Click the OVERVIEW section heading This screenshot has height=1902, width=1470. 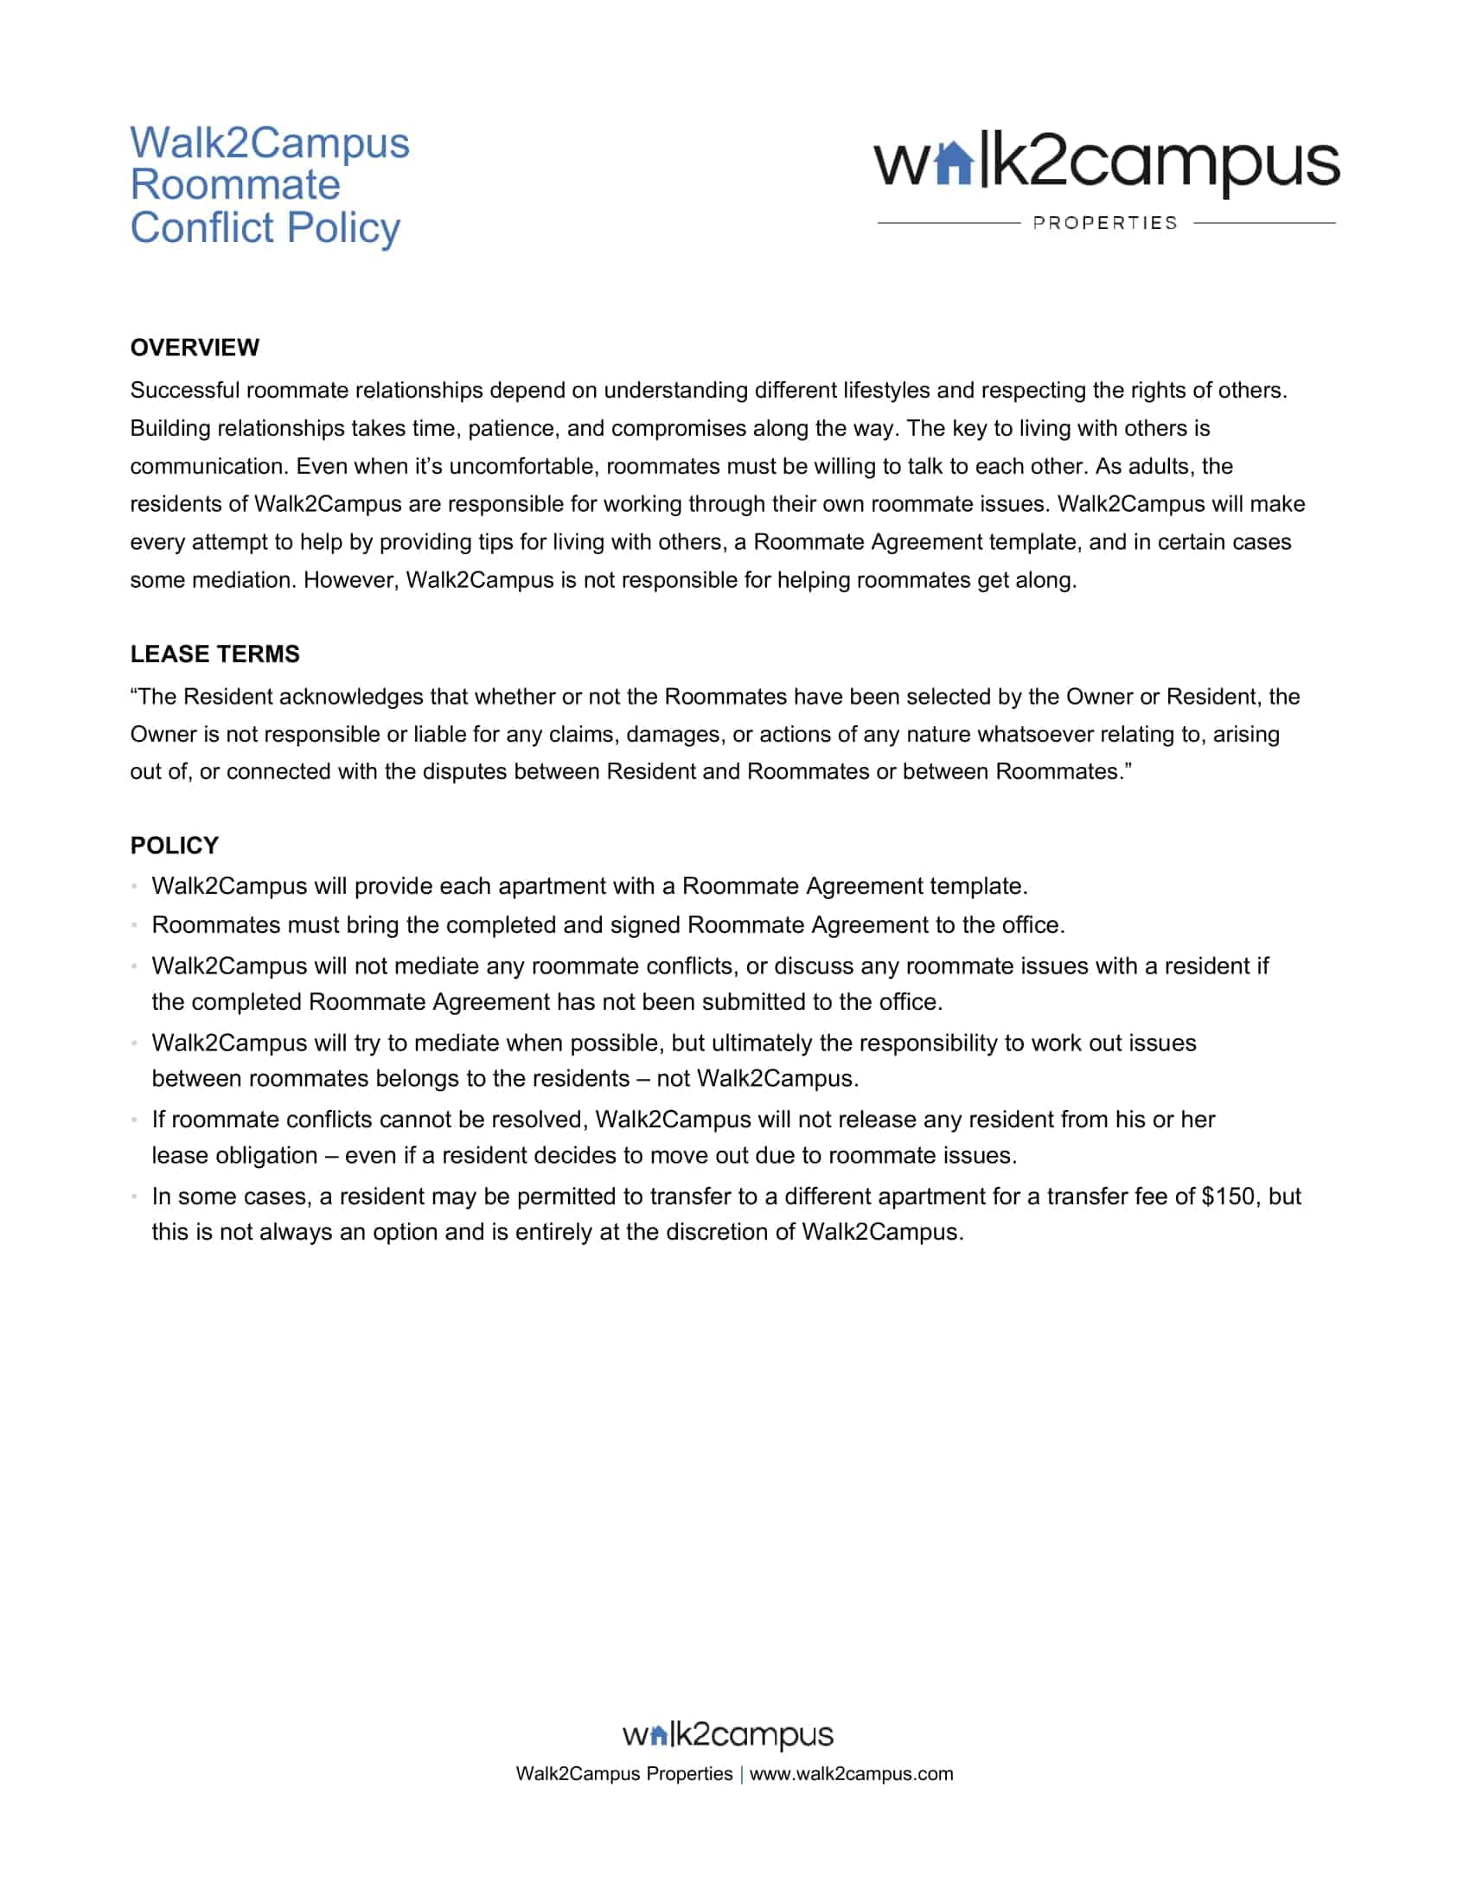tap(195, 348)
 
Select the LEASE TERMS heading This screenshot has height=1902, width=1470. tap(214, 654)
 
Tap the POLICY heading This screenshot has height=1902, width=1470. tap(174, 846)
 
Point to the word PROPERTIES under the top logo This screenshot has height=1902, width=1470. tap(1104, 223)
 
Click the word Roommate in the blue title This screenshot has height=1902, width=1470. tap(235, 186)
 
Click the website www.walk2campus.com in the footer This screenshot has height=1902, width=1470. tap(851, 1774)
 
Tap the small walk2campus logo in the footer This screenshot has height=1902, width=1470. tap(727, 1735)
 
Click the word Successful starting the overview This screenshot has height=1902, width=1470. tap(185, 390)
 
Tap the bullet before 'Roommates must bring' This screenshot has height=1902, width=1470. tap(135, 925)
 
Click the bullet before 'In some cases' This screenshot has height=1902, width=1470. tap(135, 1197)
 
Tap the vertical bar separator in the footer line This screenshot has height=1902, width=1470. tap(741, 1775)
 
